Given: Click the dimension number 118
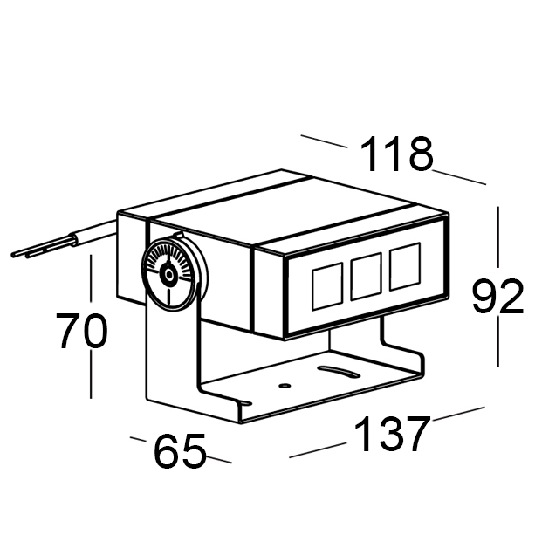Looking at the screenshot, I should click(x=397, y=155).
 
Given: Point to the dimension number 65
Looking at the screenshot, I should click(x=180, y=452).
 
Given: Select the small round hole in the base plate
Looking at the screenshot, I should click(x=285, y=384).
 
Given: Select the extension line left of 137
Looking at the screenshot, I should click(x=318, y=450).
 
